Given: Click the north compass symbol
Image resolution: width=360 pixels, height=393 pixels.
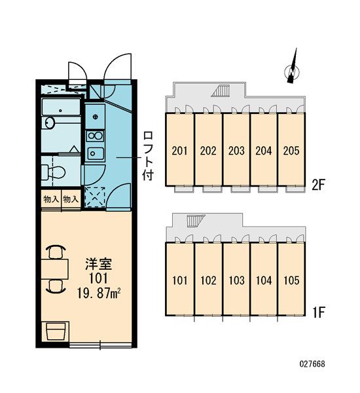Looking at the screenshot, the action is pyautogui.click(x=292, y=71).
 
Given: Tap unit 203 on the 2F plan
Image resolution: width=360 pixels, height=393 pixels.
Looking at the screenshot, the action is pyautogui.click(x=236, y=149).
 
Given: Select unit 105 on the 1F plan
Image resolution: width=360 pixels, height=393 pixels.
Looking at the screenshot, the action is pyautogui.click(x=291, y=279).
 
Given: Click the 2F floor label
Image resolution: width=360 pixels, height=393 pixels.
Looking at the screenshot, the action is pyautogui.click(x=318, y=185).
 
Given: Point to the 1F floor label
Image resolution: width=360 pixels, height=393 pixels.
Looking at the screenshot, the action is pyautogui.click(x=319, y=312).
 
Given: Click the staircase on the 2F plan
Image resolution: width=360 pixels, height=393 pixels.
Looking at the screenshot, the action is pyautogui.click(x=221, y=90).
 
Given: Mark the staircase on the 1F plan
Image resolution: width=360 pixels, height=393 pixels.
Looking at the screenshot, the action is pyautogui.click(x=196, y=221).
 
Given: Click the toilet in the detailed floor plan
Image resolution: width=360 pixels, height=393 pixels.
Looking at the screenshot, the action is pyautogui.click(x=54, y=172).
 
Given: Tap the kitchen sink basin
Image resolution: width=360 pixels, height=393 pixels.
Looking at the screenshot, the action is pyautogui.click(x=95, y=153).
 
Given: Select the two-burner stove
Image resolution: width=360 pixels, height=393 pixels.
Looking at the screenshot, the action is pyautogui.click(x=95, y=136).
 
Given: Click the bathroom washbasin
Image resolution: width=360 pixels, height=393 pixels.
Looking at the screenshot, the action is pyautogui.click(x=50, y=123).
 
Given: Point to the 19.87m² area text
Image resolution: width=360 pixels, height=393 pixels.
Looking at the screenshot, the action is pyautogui.click(x=99, y=293).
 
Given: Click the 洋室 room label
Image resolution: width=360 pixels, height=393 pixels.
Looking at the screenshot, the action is pyautogui.click(x=98, y=264).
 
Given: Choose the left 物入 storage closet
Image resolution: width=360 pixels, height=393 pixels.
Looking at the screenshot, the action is pyautogui.click(x=51, y=199).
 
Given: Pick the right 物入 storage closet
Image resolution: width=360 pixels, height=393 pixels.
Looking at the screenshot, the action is pyautogui.click(x=71, y=199).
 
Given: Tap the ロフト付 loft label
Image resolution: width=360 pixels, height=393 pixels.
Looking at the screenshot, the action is pyautogui.click(x=148, y=156).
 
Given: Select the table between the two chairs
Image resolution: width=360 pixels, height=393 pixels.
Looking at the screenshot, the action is pyautogui.click(x=55, y=269).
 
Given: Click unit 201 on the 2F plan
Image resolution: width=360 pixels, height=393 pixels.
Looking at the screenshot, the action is pyautogui.click(x=179, y=149).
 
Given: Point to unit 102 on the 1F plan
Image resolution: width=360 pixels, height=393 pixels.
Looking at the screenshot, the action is pyautogui.click(x=208, y=279).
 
